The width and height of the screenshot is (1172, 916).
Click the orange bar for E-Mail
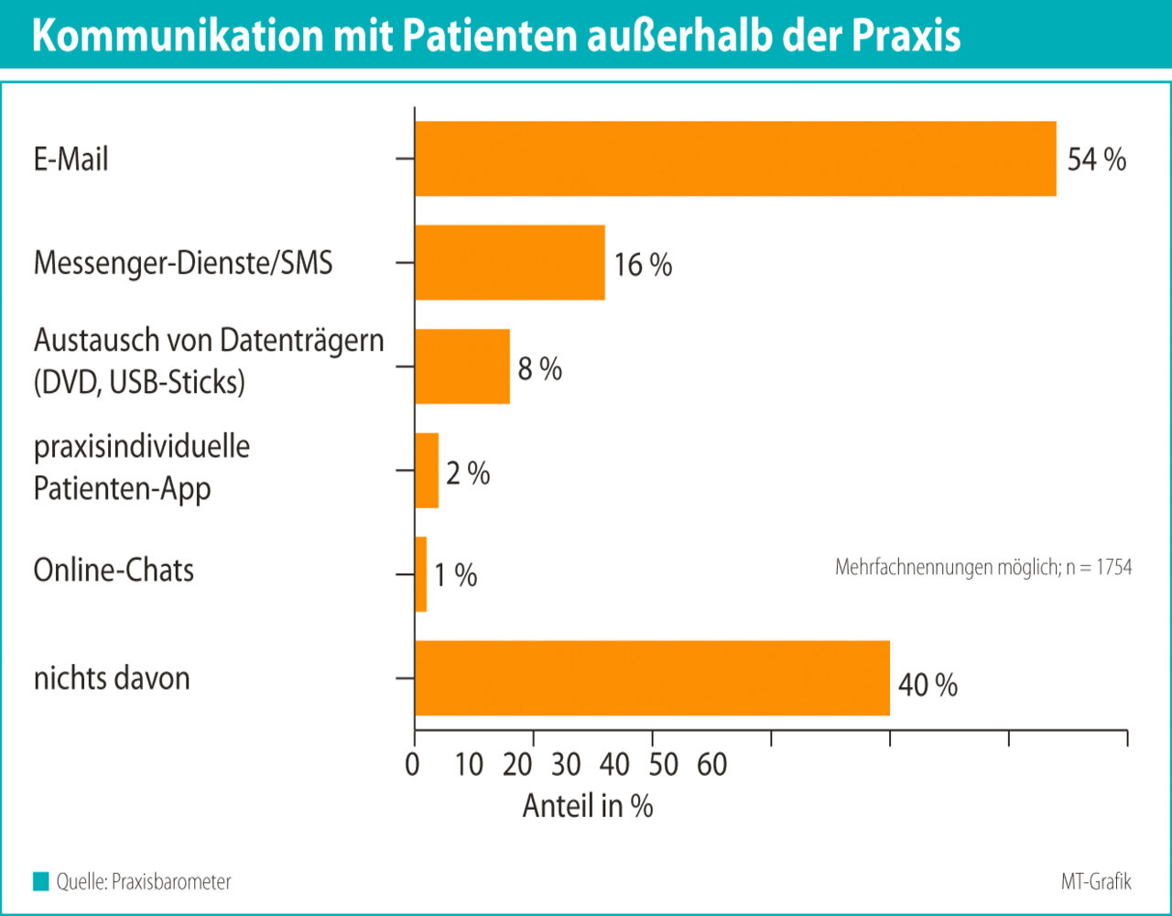click(735, 158)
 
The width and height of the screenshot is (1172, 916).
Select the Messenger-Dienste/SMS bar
click(509, 262)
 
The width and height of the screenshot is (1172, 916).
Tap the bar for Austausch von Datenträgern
click(461, 366)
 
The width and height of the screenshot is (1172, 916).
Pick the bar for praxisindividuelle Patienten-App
click(427, 470)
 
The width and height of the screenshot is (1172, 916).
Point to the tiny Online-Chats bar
click(420, 574)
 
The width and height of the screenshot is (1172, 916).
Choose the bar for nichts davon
click(652, 678)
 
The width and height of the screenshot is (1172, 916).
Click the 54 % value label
click(1097, 159)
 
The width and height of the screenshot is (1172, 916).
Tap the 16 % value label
click(643, 266)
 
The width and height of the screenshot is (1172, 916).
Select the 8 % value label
click(539, 369)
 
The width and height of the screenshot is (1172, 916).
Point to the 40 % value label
click(928, 685)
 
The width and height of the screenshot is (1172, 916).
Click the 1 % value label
click(455, 576)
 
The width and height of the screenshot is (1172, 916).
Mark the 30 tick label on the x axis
click(567, 764)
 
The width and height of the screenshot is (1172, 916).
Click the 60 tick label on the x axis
click(711, 764)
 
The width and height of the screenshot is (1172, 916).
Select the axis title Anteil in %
click(587, 806)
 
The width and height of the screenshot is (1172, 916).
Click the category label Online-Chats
click(114, 571)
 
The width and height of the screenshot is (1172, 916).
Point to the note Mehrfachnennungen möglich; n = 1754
click(982, 568)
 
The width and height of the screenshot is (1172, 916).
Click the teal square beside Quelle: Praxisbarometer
click(40, 882)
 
